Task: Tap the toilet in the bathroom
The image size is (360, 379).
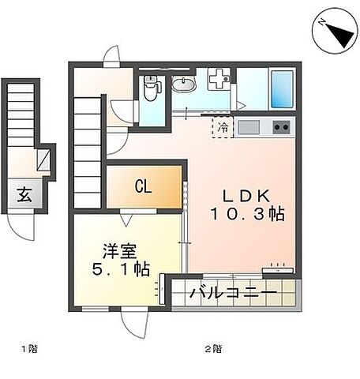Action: (151, 90)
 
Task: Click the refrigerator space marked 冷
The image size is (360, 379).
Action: (222, 126)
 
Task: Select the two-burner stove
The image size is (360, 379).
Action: (280, 127)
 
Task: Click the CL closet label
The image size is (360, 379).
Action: (142, 186)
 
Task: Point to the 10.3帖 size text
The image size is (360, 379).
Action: (246, 213)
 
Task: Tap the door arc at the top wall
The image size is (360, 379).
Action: (112, 56)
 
